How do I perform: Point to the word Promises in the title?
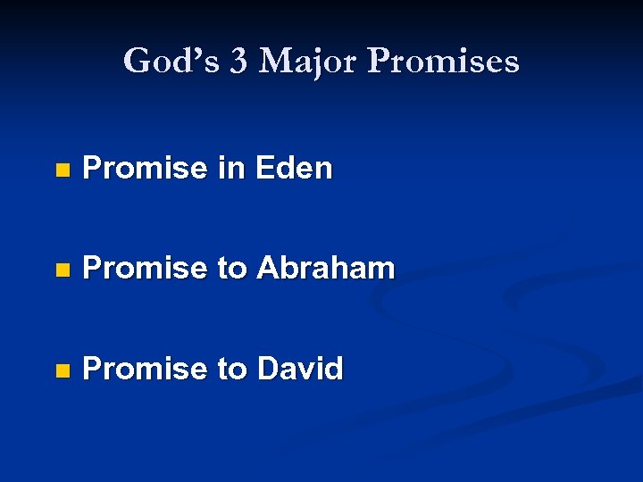(x=443, y=62)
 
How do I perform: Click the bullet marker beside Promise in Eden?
(x=61, y=170)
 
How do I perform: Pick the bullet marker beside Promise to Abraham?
(x=61, y=270)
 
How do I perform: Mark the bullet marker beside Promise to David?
(x=61, y=370)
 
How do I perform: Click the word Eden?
(x=294, y=168)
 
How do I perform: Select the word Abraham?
(x=325, y=268)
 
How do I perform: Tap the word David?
(x=299, y=368)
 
